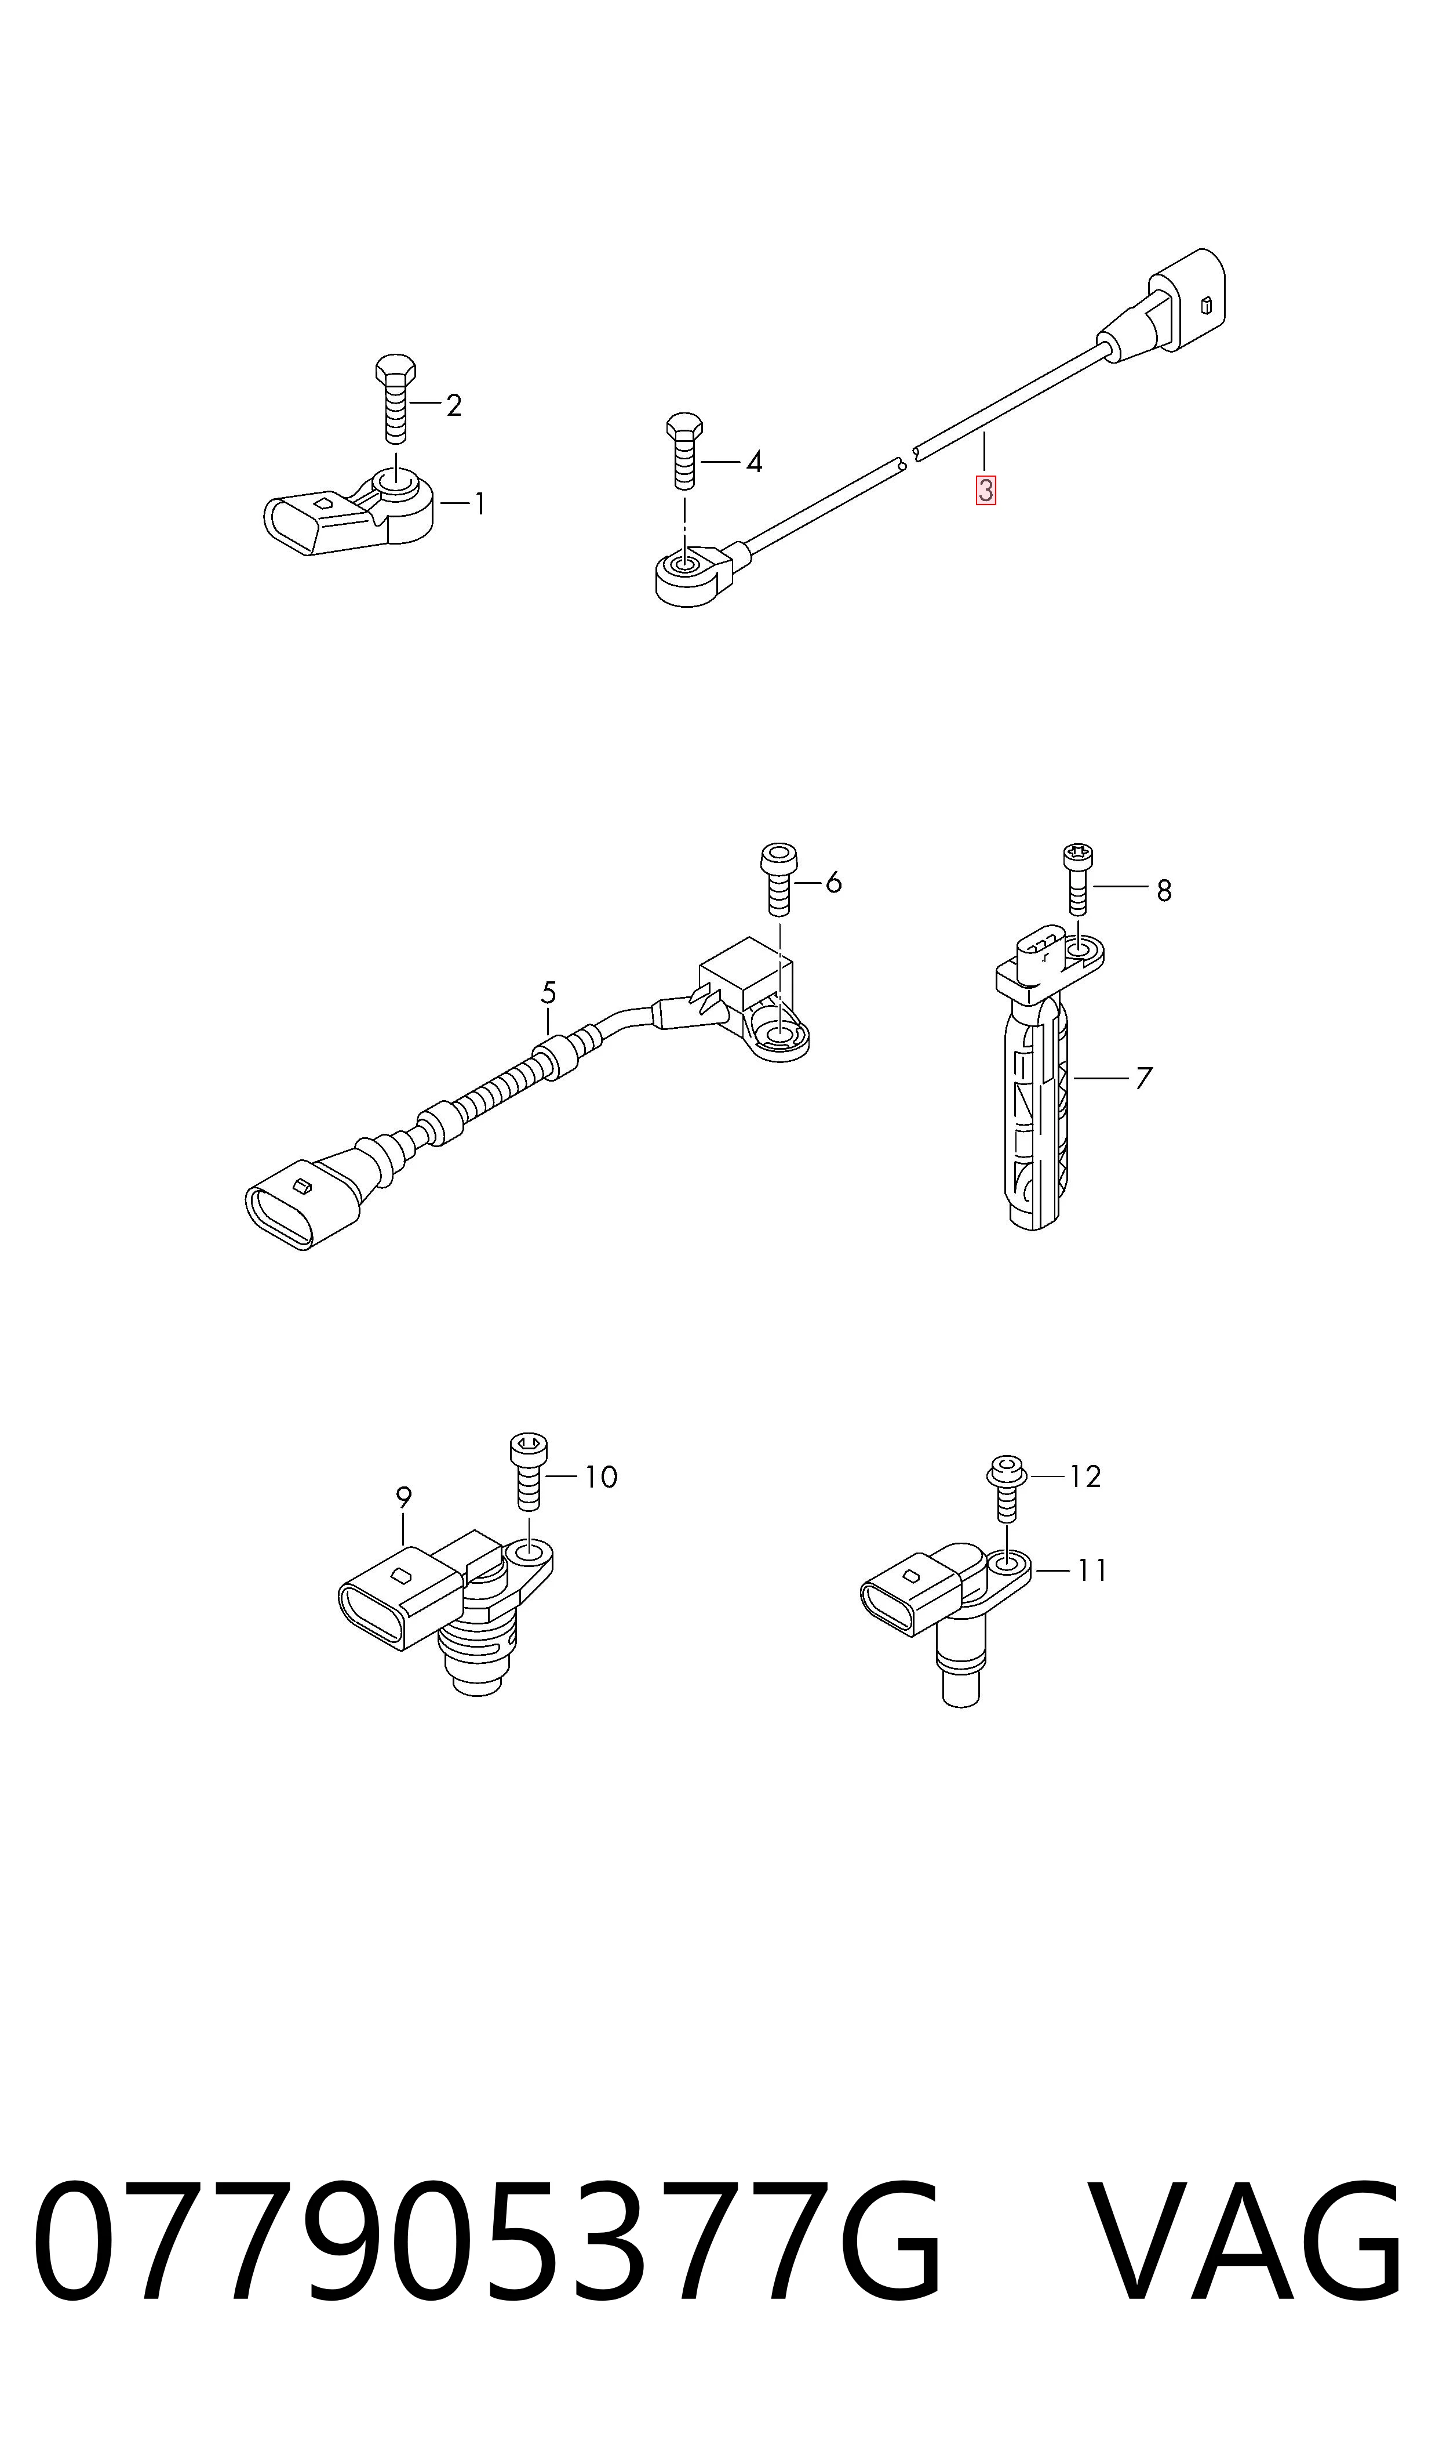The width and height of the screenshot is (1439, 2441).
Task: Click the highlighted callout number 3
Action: coord(985,490)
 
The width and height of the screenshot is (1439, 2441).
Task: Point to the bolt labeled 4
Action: coord(684,452)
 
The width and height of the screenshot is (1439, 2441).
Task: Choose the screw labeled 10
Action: coord(529,1472)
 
